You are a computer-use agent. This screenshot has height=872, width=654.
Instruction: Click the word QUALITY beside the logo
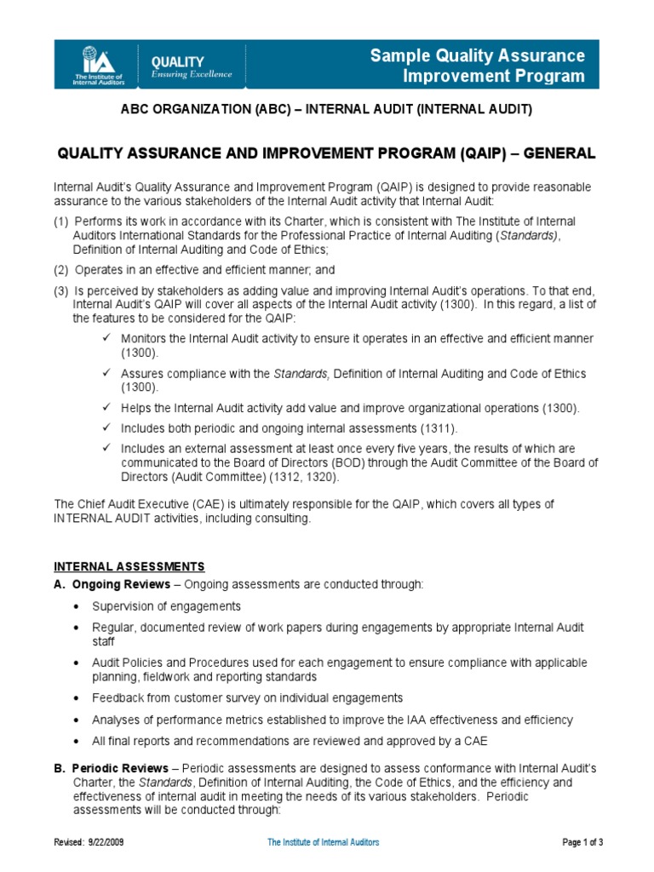tap(177, 61)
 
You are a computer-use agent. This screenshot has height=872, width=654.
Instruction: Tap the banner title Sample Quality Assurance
tap(478, 56)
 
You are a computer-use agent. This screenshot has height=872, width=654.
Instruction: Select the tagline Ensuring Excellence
tap(191, 75)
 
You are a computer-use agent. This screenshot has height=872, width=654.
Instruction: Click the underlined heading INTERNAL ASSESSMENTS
tap(129, 565)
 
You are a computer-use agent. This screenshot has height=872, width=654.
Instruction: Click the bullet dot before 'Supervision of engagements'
tap(77, 606)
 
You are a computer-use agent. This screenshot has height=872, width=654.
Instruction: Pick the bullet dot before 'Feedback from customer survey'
tap(77, 697)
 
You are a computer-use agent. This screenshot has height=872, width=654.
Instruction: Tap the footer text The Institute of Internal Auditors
tap(324, 842)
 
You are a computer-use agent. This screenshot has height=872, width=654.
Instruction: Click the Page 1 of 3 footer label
tap(583, 842)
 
